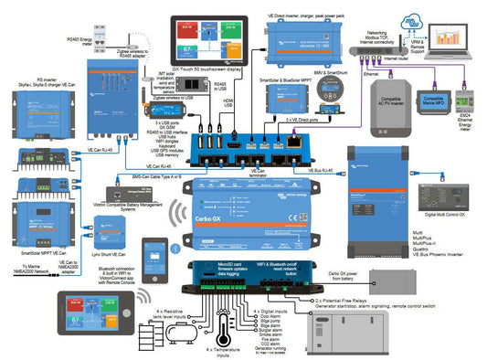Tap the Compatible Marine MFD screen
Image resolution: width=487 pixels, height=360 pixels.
pos(433,101)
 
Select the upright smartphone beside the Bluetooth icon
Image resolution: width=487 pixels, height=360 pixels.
pos(150,252)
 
